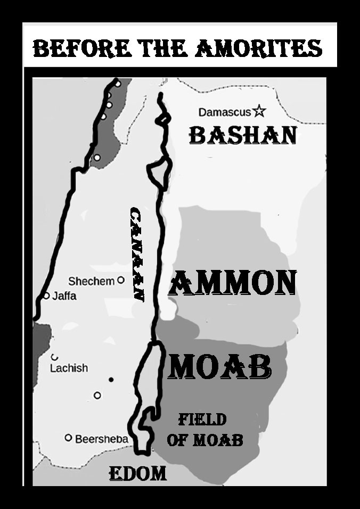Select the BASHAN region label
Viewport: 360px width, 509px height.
[x=242, y=135]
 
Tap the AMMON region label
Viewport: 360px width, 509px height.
[x=232, y=283]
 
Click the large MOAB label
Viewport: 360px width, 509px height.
[x=220, y=367]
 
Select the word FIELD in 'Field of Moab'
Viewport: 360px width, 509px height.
[x=202, y=420]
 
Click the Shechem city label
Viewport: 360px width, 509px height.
[x=91, y=281]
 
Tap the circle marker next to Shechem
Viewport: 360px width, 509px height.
[x=121, y=280]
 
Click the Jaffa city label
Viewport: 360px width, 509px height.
[x=64, y=295]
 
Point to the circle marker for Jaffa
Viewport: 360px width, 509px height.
[x=46, y=295]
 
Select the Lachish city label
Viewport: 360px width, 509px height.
[x=69, y=368]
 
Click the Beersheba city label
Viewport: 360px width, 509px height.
[x=101, y=439]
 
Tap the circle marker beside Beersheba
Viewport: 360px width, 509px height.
[x=68, y=438]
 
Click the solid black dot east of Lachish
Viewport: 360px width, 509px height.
[x=111, y=380]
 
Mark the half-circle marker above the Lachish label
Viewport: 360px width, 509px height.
[x=54, y=358]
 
